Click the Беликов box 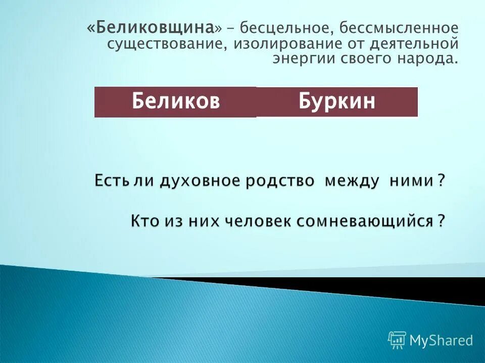[x=175, y=102]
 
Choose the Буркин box [x=337, y=102]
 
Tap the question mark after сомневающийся [x=441, y=221]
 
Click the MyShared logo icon [x=397, y=340]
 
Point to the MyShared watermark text [x=441, y=341]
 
